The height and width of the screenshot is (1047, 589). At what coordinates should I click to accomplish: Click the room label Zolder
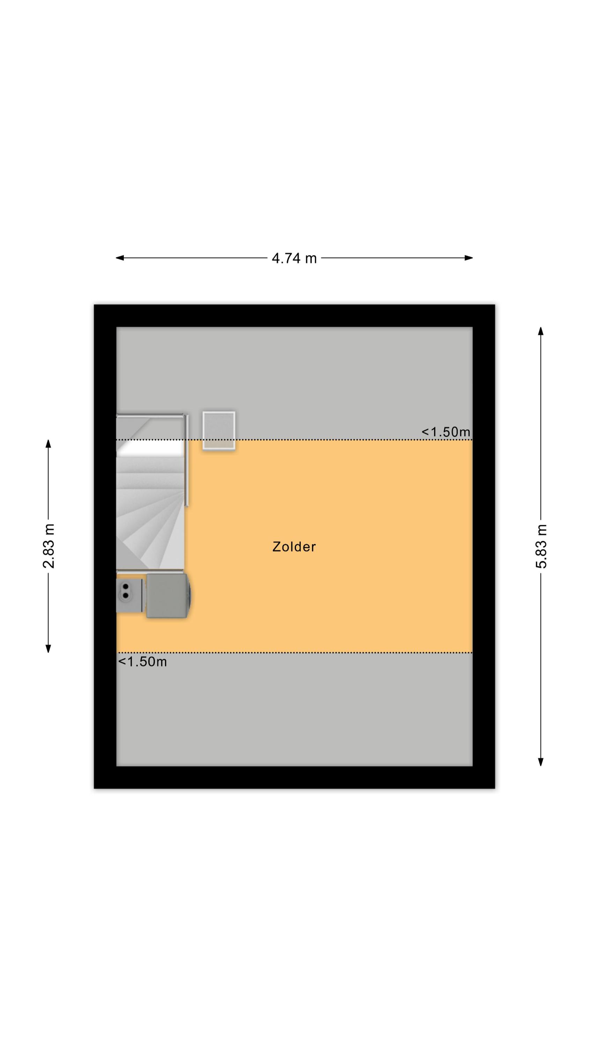click(293, 547)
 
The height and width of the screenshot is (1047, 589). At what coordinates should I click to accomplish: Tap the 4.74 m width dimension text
click(294, 258)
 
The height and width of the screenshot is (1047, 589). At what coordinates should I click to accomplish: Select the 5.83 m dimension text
click(541, 546)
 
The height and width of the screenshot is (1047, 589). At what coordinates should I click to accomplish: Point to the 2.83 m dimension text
click(49, 546)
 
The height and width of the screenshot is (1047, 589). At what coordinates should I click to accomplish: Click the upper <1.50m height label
click(446, 432)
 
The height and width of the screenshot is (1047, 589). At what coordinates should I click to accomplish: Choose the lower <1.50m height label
click(142, 662)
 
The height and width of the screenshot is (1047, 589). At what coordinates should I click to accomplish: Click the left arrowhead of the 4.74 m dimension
click(119, 258)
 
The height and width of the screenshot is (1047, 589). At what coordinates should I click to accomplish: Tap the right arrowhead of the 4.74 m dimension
click(469, 258)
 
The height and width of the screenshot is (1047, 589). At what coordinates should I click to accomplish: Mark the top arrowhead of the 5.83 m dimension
click(540, 331)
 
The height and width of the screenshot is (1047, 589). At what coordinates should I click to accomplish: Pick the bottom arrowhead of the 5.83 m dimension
click(540, 762)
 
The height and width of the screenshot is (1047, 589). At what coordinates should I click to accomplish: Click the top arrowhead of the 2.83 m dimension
click(49, 444)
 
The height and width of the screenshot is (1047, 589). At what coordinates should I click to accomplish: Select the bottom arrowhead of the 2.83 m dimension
click(49, 649)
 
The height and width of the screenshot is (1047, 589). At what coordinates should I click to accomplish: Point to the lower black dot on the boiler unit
click(126, 595)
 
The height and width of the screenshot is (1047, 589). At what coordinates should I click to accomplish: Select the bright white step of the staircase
click(150, 448)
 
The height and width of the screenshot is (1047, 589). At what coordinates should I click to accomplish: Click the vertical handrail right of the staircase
click(187, 460)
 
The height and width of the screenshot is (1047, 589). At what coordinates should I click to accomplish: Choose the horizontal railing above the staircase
click(150, 415)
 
